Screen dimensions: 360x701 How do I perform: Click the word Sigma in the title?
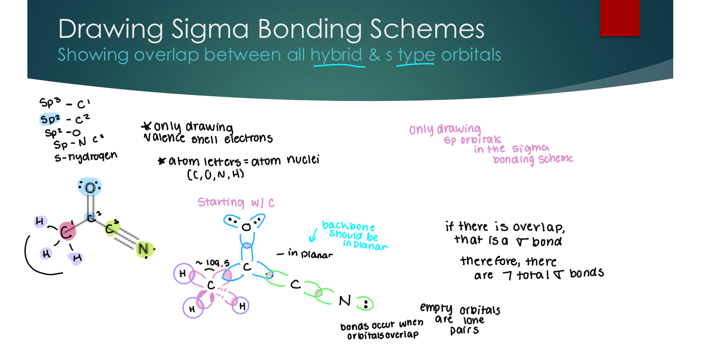pyautogui.click(x=210, y=29)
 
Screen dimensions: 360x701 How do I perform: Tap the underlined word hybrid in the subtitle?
pyautogui.click(x=336, y=55)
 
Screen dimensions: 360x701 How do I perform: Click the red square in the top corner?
pyautogui.click(x=619, y=18)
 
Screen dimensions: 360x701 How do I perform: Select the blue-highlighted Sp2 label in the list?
pyautogui.click(x=50, y=119)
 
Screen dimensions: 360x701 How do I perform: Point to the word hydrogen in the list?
pyautogui.click(x=92, y=156)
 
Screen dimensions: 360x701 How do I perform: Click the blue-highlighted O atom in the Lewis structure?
pyautogui.click(x=90, y=187)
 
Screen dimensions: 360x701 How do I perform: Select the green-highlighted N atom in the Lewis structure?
pyautogui.click(x=144, y=249)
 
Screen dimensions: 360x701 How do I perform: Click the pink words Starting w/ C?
pyautogui.click(x=235, y=203)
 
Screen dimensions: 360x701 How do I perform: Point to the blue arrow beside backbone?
pyautogui.click(x=313, y=236)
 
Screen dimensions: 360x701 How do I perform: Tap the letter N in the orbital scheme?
pyautogui.click(x=345, y=301)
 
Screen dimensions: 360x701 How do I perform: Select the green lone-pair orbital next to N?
pyautogui.click(x=365, y=304)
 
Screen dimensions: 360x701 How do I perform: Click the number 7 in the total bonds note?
pyautogui.click(x=507, y=275)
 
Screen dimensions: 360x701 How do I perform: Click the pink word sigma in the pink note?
pyautogui.click(x=530, y=148)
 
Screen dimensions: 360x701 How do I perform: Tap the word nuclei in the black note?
pyautogui.click(x=303, y=160)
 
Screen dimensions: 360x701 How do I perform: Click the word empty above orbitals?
pyautogui.click(x=436, y=308)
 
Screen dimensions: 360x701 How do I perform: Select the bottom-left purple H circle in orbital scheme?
pyautogui.click(x=193, y=308)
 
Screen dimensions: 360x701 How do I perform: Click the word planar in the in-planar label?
pyautogui.click(x=316, y=254)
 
